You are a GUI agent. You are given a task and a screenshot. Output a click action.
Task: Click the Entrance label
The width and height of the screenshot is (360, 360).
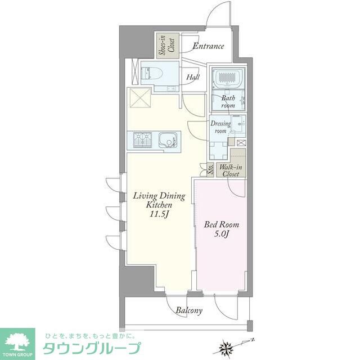(208, 46)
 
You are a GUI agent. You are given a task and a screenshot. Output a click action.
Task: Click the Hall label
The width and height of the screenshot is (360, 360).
(193, 77)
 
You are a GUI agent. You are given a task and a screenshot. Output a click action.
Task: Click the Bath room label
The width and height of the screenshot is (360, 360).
(228, 101)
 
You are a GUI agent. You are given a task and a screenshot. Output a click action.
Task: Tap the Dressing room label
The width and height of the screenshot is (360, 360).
(220, 127)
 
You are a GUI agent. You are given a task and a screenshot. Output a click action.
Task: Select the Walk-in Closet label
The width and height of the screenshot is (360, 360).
(231, 170)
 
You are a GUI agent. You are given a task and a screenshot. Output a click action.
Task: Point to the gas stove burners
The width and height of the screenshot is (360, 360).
(143, 139)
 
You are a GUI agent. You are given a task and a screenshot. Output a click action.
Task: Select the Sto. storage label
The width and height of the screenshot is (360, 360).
(210, 170)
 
